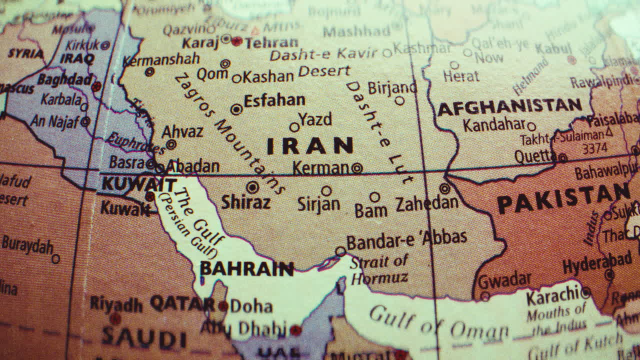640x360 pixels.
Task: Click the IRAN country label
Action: pyautogui.click(x=310, y=146)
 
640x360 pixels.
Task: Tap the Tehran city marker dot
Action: pyautogui.click(x=237, y=41)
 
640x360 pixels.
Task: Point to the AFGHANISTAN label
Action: pyautogui.click(x=509, y=106)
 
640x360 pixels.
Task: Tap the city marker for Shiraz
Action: pyautogui.click(x=252, y=187)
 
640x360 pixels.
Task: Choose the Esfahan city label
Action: pyautogui.click(x=274, y=100)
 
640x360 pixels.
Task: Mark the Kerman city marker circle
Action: pyautogui.click(x=356, y=168)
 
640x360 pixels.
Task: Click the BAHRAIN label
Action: pyautogui.click(x=246, y=269)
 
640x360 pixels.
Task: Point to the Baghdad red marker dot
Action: pyautogui.click(x=96, y=86)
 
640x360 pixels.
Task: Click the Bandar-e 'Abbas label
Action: pyautogui.click(x=406, y=240)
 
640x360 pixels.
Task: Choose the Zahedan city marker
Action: pyautogui.click(x=444, y=188)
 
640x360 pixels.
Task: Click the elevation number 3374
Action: pyautogui.click(x=594, y=148)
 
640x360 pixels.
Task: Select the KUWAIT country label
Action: pyautogui.click(x=139, y=184)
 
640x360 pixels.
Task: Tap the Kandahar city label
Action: pyautogui.click(x=494, y=124)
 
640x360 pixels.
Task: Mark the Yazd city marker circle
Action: pyautogui.click(x=294, y=127)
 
